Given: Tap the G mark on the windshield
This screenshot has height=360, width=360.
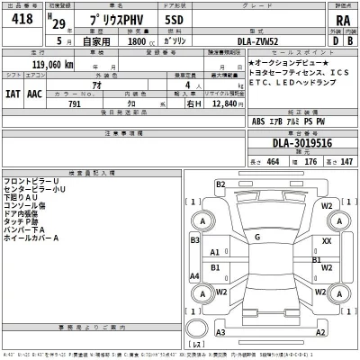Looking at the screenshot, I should point(257,236).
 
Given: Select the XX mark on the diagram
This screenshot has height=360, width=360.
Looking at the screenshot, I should point(327,241).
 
